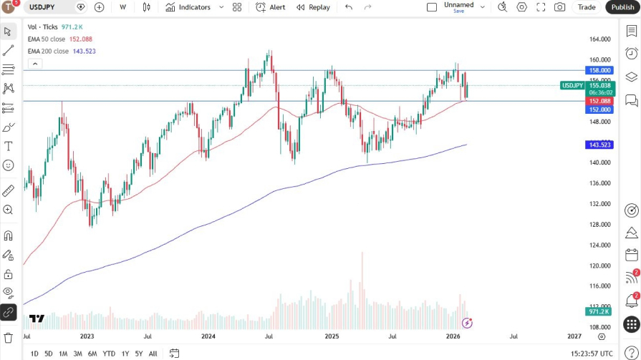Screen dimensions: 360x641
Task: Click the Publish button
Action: point(622,7)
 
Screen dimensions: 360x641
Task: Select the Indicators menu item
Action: point(188,7)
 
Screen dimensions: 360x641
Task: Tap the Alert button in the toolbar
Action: point(271,7)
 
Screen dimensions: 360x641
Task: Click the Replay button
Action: point(313,7)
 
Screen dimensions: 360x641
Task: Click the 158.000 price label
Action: point(599,70)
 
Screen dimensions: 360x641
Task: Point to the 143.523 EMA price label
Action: point(599,145)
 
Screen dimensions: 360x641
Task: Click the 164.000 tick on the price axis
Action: point(599,39)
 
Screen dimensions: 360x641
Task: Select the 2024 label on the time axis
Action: point(208,336)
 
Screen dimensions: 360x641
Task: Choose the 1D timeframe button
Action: point(34,354)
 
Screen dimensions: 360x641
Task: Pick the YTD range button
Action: point(109,354)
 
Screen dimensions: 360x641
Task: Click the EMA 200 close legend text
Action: point(48,52)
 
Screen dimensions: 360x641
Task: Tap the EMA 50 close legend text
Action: point(47,39)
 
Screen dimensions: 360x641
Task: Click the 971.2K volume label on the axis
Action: point(599,312)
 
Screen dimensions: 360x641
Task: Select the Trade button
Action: point(587,7)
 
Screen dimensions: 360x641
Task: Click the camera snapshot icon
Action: point(559,7)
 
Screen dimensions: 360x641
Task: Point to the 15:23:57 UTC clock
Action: point(591,354)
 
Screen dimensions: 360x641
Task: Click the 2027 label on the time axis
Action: point(574,336)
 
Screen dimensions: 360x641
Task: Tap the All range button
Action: point(153,354)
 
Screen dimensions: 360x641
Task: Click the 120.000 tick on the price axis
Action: point(599,266)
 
